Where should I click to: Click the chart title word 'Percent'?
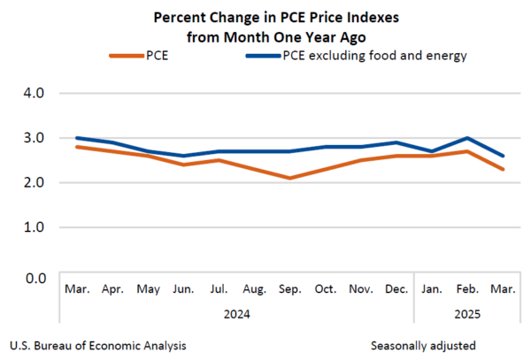click(181, 18)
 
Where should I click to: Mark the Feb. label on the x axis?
click(466, 289)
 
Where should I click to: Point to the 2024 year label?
click(236, 313)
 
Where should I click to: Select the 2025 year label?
click(466, 313)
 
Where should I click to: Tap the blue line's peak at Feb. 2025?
click(466, 138)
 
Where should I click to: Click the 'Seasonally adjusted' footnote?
click(423, 345)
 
